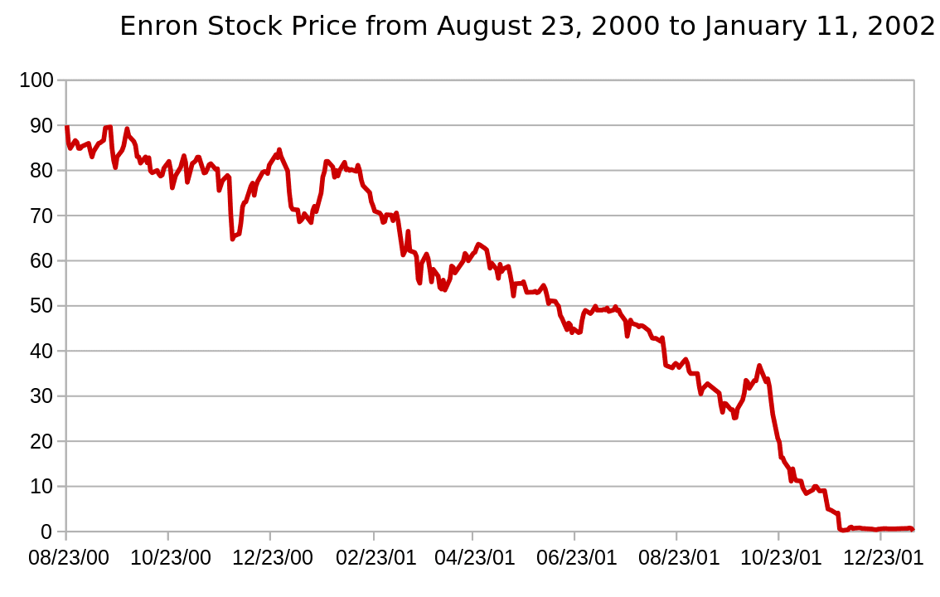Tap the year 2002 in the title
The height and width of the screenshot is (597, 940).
click(x=903, y=27)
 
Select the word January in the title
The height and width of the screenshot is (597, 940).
click(x=751, y=27)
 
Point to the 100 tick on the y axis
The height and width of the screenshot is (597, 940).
click(x=36, y=80)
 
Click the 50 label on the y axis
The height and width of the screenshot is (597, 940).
click(x=41, y=306)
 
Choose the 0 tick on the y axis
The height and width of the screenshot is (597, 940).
click(x=46, y=531)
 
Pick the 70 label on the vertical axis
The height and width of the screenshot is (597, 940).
click(x=41, y=216)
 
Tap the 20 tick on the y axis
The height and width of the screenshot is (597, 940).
click(x=41, y=441)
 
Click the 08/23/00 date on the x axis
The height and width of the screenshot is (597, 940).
click(x=69, y=557)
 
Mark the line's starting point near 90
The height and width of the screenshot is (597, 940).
click(x=66, y=127)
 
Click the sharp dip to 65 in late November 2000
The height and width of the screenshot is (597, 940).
click(x=232, y=239)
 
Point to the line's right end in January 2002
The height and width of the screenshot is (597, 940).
click(x=913, y=529)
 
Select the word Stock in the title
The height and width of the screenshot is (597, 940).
click(x=231, y=27)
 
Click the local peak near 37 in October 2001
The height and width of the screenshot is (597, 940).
click(x=758, y=366)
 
